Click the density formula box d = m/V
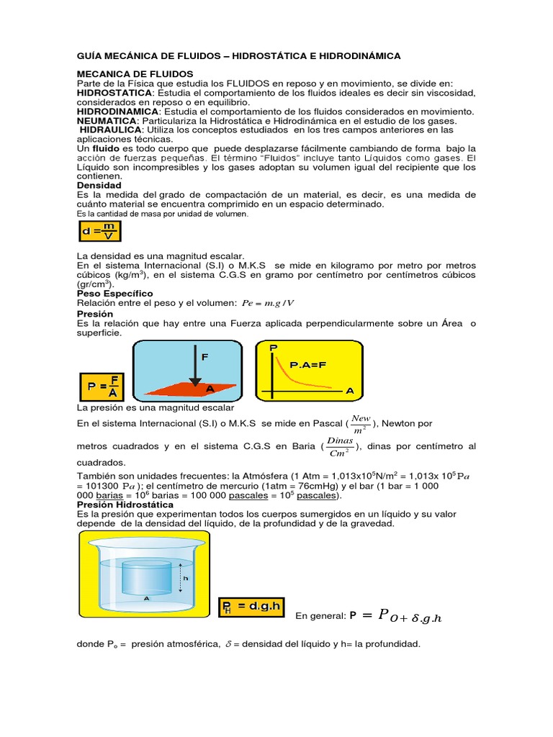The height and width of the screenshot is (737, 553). tap(100, 232)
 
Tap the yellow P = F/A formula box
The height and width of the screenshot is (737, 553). tap(102, 386)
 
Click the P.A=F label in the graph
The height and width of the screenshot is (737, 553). tap(308, 365)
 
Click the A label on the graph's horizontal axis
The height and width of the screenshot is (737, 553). tap(350, 390)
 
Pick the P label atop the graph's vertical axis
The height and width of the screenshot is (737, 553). tap(273, 348)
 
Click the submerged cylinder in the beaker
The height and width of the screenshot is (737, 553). tap(147, 576)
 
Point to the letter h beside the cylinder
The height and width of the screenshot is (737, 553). tap(185, 578)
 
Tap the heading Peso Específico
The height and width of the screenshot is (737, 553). tap(114, 294)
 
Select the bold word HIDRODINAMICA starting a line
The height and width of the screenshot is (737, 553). tap(117, 112)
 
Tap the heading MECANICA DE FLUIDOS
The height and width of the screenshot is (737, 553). tap(135, 74)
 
